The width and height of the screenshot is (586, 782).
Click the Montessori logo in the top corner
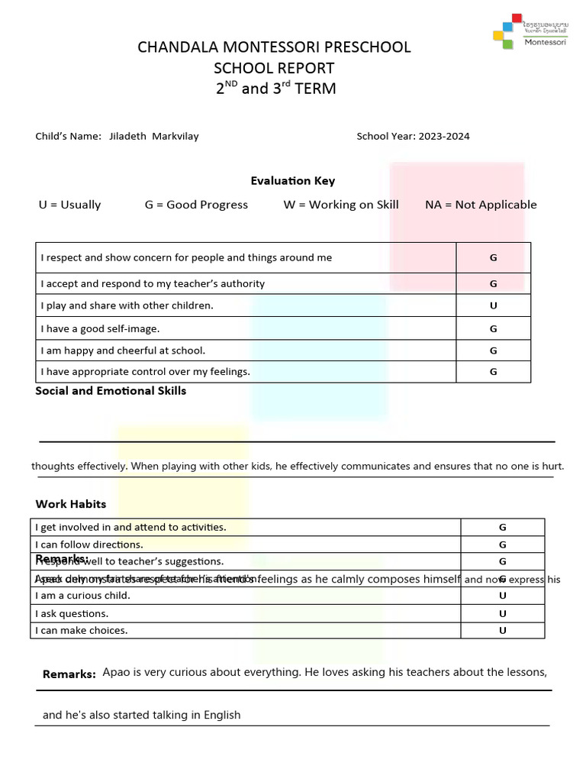[530, 31]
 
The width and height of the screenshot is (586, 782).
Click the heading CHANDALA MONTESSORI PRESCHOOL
[274, 47]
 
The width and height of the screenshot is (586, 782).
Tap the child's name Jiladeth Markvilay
[153, 137]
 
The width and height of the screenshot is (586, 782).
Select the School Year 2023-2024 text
[413, 137]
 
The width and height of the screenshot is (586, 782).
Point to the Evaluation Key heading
[292, 181]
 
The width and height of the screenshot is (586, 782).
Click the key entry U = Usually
[69, 205]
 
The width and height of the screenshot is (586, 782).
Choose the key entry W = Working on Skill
[340, 205]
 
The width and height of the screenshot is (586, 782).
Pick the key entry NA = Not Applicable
[481, 205]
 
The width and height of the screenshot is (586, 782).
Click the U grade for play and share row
[493, 305]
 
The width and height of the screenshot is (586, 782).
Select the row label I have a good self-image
[100, 328]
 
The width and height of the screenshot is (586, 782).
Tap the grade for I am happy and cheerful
[493, 351]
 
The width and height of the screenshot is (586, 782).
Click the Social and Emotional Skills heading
[111, 391]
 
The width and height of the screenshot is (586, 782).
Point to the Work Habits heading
[71, 504]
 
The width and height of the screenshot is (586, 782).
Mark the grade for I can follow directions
[502, 544]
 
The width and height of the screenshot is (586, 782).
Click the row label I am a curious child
[82, 596]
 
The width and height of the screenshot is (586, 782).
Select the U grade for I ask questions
[502, 613]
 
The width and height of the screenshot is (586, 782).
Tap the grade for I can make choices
[502, 631]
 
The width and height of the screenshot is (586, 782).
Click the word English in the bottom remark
[221, 716]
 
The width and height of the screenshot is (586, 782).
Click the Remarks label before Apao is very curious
[69, 674]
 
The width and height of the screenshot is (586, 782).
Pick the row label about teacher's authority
[153, 283]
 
